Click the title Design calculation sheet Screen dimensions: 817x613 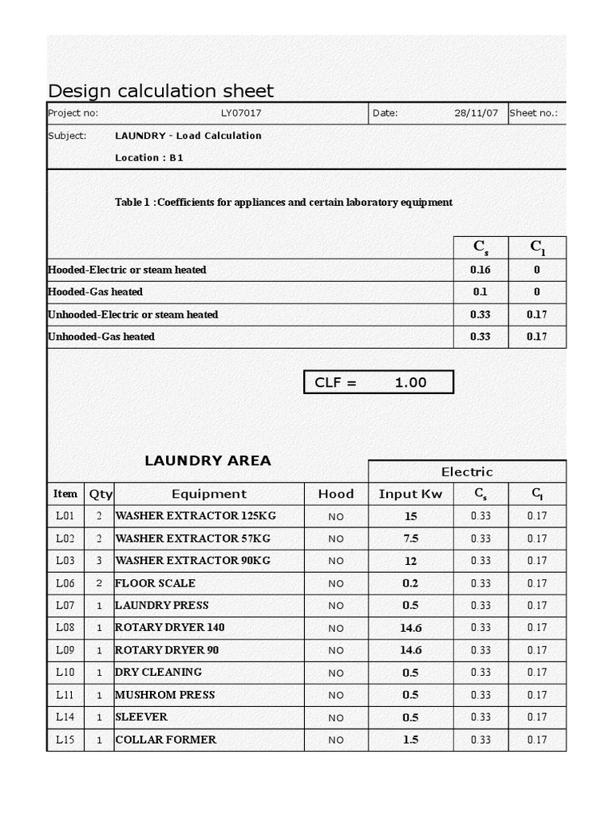pos(160,91)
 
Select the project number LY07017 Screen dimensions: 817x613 pos(241,113)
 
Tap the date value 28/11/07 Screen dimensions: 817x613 pos(476,113)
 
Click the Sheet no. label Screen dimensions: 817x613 pos(533,113)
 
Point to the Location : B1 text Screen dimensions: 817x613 pos(149,158)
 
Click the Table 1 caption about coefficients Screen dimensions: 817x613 pos(283,203)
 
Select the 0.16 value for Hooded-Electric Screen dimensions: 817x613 pos(480,270)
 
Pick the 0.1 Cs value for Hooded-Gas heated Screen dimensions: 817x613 pos(480,292)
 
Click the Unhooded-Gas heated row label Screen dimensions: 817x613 pos(101,337)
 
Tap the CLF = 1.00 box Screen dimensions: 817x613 pos(378,382)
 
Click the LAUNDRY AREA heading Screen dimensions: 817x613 pos(208,460)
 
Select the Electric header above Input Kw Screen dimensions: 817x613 pos(467,472)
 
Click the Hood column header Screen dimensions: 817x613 pos(335,494)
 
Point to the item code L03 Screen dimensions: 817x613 pos(65,561)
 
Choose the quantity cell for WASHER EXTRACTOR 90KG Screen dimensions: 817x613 pos(100,561)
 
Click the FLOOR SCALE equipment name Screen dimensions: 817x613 pos(156,583)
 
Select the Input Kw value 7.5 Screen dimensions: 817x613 pos(410,539)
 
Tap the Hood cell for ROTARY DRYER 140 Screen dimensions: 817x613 pos(335,628)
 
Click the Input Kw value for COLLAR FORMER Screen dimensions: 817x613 pos(410,740)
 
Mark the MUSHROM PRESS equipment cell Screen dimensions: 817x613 pos(165,695)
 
